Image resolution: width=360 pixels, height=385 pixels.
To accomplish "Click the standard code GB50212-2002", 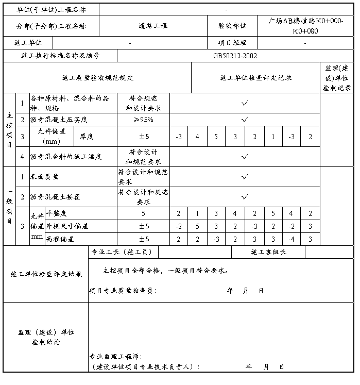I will tap(235, 56).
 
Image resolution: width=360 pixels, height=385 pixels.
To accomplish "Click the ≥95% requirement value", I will tap(143, 120).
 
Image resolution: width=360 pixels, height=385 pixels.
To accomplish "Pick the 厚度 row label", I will tap(86, 137).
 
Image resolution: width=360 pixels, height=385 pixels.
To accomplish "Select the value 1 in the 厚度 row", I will tap(273, 137).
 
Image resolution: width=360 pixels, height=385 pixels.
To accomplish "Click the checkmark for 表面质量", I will tap(245, 176).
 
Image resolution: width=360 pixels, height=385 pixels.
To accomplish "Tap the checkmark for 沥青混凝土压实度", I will tap(245, 120).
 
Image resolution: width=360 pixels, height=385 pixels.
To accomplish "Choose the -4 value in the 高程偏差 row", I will tap(292, 239).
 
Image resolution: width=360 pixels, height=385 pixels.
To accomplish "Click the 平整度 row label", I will tap(57, 213).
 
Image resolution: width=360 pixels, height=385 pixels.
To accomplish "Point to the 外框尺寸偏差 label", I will tap(67, 226).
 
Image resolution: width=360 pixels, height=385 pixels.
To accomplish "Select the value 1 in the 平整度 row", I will tap(197, 213).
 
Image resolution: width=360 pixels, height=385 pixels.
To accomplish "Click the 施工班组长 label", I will tap(268, 252).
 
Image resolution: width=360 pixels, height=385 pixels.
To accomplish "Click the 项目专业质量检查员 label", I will tap(123, 291).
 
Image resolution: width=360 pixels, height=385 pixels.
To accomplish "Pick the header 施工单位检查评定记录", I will tap(256, 78).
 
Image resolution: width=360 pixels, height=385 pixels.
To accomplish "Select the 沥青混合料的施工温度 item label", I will tap(66, 156).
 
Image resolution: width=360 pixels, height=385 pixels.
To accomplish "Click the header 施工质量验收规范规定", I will tap(97, 78).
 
